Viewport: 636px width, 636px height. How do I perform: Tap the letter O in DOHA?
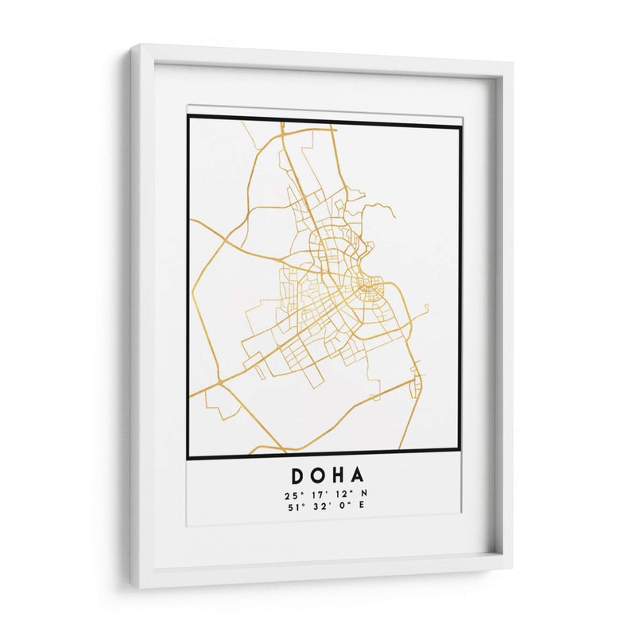coord(319,476)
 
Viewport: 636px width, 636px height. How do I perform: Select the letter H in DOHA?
coord(339,476)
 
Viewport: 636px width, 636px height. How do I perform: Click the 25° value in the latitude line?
coord(289,494)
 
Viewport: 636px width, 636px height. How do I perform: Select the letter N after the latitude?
coord(364,494)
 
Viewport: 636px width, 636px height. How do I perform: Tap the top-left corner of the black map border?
coord(188,117)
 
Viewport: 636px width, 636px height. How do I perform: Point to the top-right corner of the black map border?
coord(460,125)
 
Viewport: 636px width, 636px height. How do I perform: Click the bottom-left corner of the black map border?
coord(188,459)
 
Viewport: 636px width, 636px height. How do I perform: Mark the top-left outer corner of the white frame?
coord(131,45)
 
